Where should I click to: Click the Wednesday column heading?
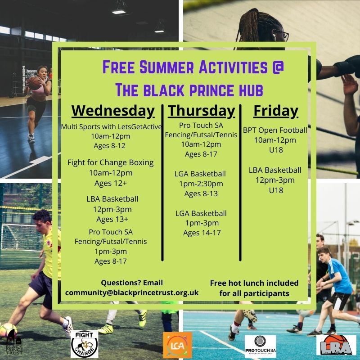pos(113,111)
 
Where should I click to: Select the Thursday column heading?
pos(202,111)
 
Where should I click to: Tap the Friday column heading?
pos(276,111)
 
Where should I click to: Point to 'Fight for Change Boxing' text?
pos(110,162)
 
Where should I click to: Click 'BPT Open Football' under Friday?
pos(275,130)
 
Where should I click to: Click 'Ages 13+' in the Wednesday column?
pos(112,219)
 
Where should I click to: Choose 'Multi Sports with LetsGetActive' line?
pos(112,127)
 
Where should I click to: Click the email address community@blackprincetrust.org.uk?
pos(132,292)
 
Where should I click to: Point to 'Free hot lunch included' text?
pos(254,283)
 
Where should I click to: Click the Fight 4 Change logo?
pos(84,344)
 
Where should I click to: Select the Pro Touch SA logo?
pos(260,345)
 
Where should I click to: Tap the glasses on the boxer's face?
pos(279,35)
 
